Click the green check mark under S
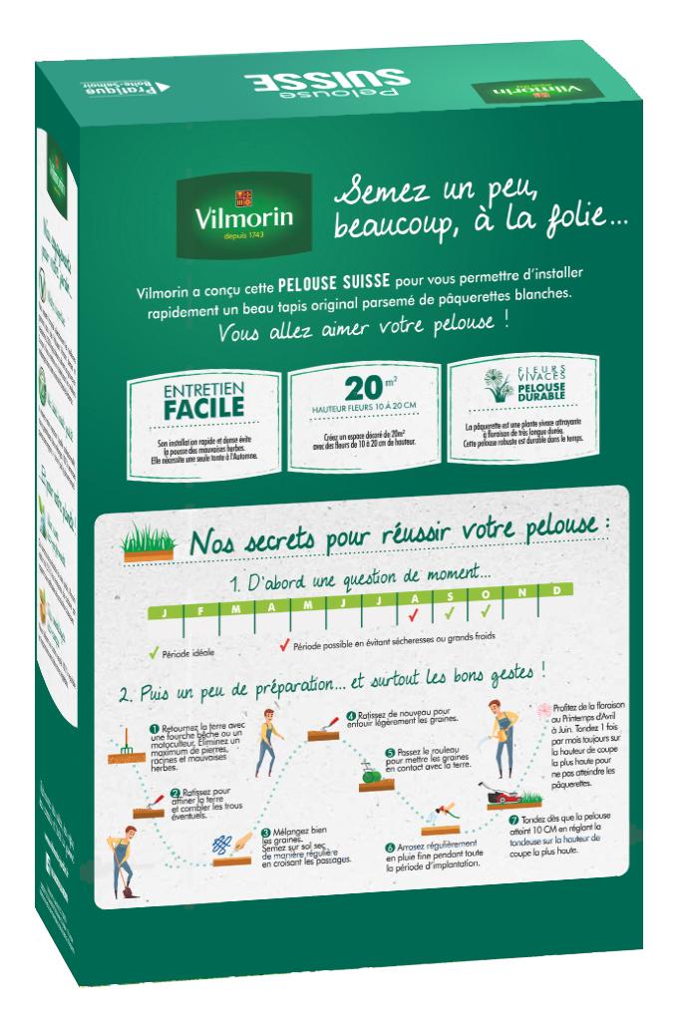[450, 609]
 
